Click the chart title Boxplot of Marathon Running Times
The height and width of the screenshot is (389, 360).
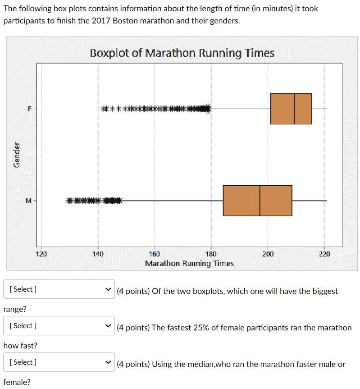pos(182,53)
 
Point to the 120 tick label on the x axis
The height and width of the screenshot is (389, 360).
pos(41,254)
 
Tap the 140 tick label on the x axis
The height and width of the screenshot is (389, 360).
pos(98,254)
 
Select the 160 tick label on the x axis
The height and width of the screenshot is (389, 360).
pos(154,254)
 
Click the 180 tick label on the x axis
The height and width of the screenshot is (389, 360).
pos(211,254)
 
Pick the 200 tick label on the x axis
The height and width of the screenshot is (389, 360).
pos(268,254)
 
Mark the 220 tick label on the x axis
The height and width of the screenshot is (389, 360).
pos(324,254)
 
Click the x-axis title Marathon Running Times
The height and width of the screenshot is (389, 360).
pos(189,263)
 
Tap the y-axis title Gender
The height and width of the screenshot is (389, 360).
pos(17,155)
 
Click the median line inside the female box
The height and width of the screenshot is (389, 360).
pos(294,109)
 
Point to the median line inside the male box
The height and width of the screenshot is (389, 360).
pos(260,201)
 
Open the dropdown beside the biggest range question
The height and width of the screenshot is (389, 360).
pos(59,289)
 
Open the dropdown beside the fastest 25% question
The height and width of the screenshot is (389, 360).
pos(59,326)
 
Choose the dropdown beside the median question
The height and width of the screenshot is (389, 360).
pos(59,362)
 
